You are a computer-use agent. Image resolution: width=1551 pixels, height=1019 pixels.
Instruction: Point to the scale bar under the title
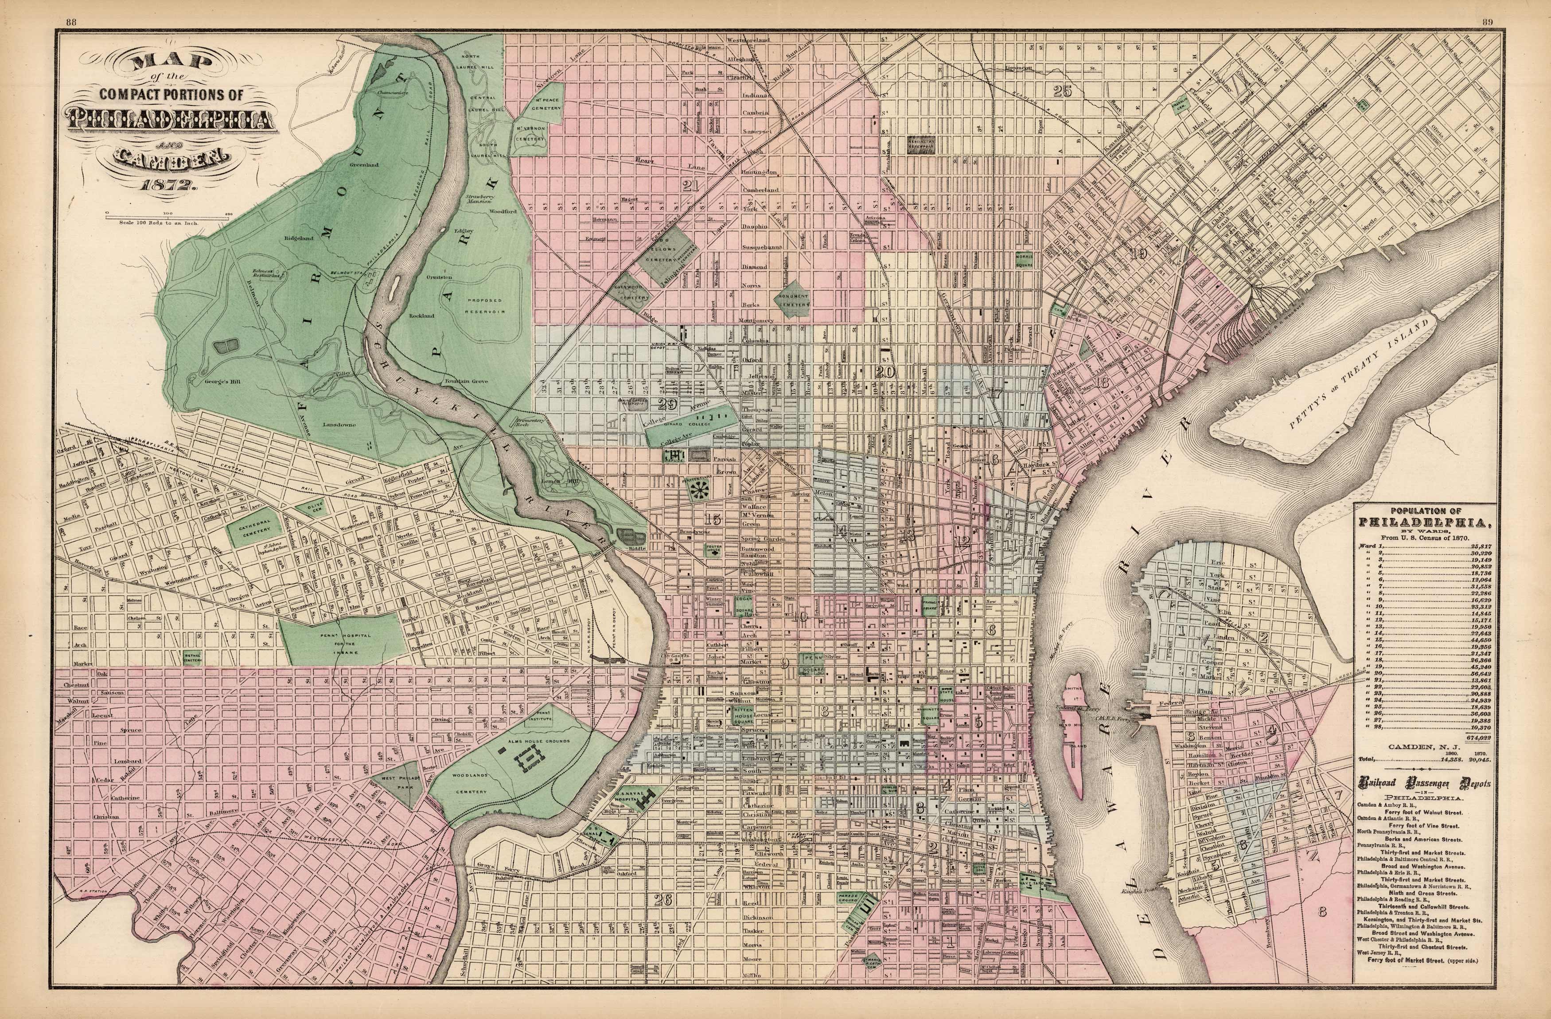click(x=168, y=213)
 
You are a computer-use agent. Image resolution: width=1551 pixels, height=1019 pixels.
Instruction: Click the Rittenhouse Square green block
click(x=742, y=716)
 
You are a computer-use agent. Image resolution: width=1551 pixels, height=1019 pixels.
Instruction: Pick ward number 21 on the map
click(x=690, y=185)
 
